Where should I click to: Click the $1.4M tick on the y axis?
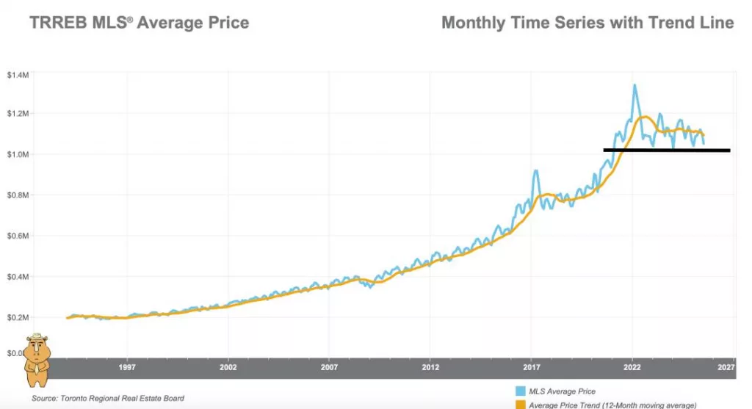[18, 75]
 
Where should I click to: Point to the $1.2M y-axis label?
[18, 114]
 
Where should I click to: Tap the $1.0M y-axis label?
[18, 155]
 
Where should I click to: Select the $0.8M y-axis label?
[18, 195]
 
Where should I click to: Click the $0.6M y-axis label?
[18, 236]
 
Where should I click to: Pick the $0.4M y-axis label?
[18, 277]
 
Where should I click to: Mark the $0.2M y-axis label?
[18, 317]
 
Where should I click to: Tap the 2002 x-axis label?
[228, 366]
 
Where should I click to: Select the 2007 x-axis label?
[330, 366]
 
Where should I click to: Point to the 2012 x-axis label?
[431, 366]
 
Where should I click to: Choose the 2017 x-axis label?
[532, 366]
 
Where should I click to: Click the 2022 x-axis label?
[633, 366]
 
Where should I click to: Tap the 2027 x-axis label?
[726, 366]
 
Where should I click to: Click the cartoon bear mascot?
[37, 359]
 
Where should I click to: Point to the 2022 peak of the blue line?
[634, 85]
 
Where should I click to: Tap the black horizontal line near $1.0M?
[666, 150]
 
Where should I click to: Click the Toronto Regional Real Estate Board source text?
[108, 398]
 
